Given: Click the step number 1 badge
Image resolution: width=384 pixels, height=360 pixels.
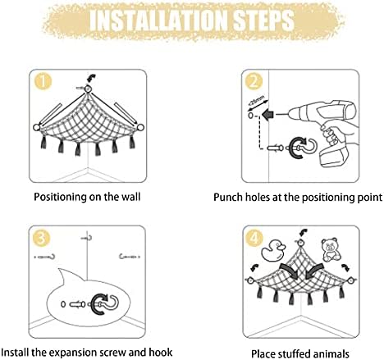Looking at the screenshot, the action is coord(43,81).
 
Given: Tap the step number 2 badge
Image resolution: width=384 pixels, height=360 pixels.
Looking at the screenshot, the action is coord(254,81).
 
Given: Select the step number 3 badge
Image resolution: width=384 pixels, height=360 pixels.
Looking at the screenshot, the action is coord(41,238).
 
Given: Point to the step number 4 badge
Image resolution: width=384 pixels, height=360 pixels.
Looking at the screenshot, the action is coord(254,238).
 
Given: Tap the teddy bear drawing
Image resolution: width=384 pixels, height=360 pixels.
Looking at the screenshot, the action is coord(331,250).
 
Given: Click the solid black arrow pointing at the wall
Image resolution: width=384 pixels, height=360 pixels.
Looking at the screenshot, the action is coord(268,115).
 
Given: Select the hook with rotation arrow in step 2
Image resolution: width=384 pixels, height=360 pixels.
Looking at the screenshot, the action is coord(301,148).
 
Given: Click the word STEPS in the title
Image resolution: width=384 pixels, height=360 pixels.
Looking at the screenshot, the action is coord(264,21).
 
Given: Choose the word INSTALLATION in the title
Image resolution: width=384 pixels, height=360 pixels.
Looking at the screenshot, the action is coord(159,21).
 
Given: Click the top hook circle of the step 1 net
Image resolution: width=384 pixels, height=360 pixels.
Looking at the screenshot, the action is coord(88,89).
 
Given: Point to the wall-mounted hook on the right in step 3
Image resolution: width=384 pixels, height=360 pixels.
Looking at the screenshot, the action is coord(130,257).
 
